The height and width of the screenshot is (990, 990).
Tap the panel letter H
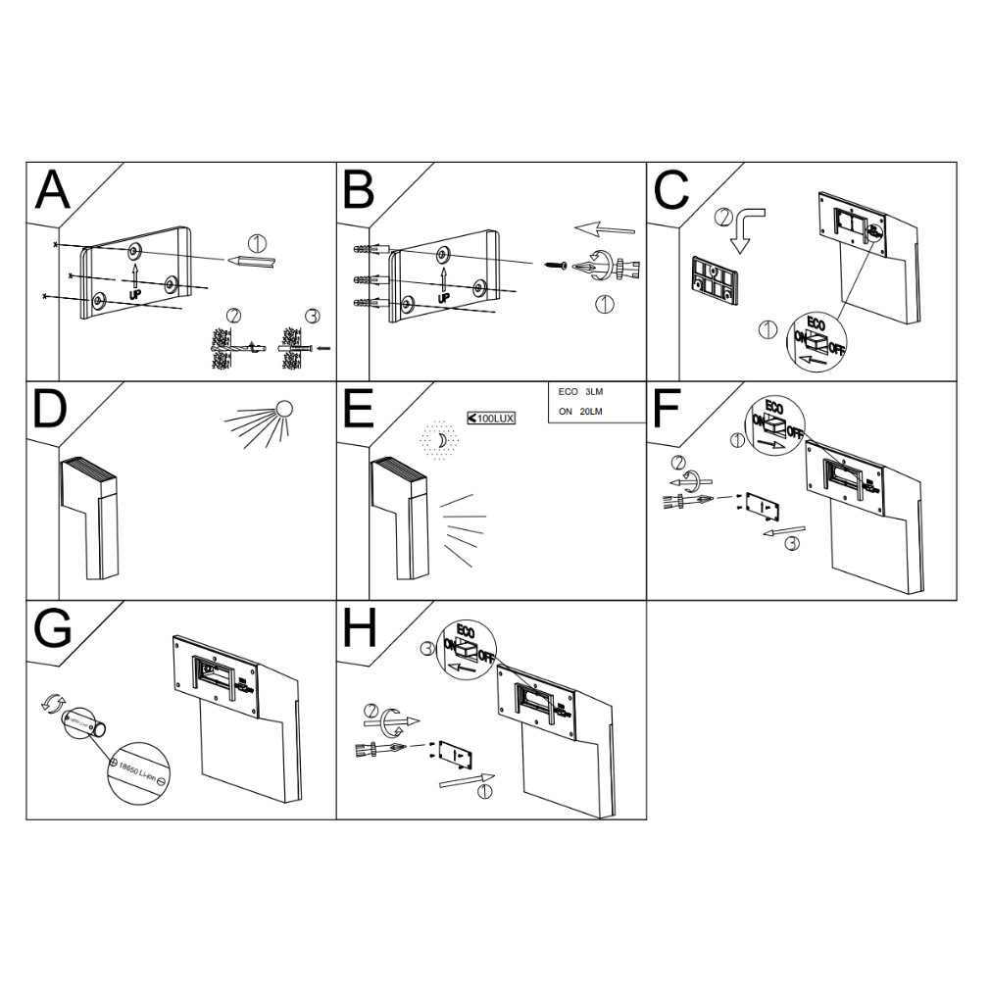point(359,629)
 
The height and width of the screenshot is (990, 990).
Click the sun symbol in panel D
point(284,409)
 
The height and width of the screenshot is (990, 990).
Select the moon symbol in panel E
point(442,441)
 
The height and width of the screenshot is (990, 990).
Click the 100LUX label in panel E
point(492,418)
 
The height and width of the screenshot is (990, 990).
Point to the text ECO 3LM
point(580,392)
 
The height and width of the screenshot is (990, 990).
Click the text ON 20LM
point(580,412)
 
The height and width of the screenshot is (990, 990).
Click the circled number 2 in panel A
point(233,316)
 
